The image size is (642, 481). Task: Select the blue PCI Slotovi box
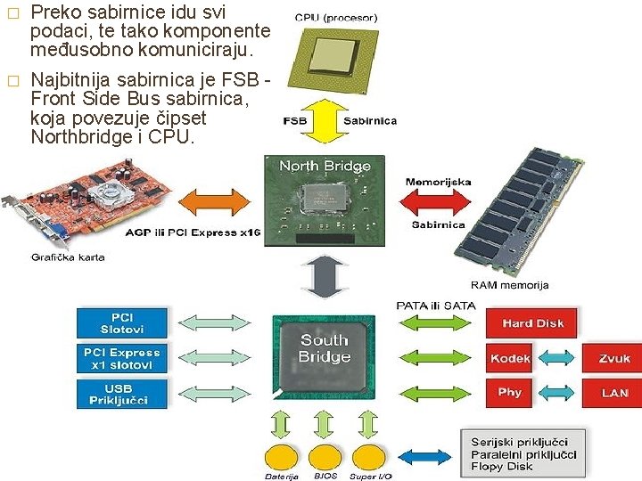click(x=122, y=323)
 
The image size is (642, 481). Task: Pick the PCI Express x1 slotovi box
click(x=122, y=358)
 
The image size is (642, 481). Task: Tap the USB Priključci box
click(x=122, y=394)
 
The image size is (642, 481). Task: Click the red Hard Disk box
click(x=531, y=323)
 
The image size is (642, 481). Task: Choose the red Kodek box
click(x=510, y=358)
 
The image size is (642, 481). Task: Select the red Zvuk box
click(x=613, y=358)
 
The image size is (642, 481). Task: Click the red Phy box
click(x=510, y=392)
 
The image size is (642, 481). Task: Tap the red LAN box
click(x=613, y=392)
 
